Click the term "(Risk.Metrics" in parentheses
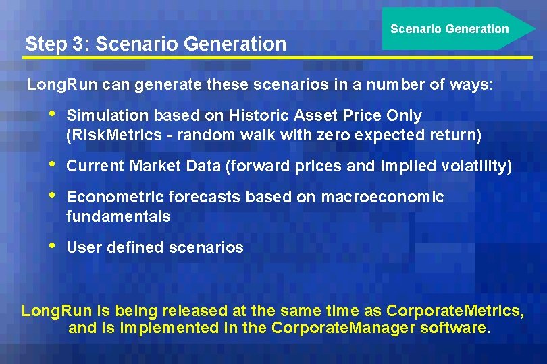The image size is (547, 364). click(113, 135)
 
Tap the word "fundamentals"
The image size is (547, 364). click(118, 216)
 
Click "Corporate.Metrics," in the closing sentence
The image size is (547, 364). click(454, 311)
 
